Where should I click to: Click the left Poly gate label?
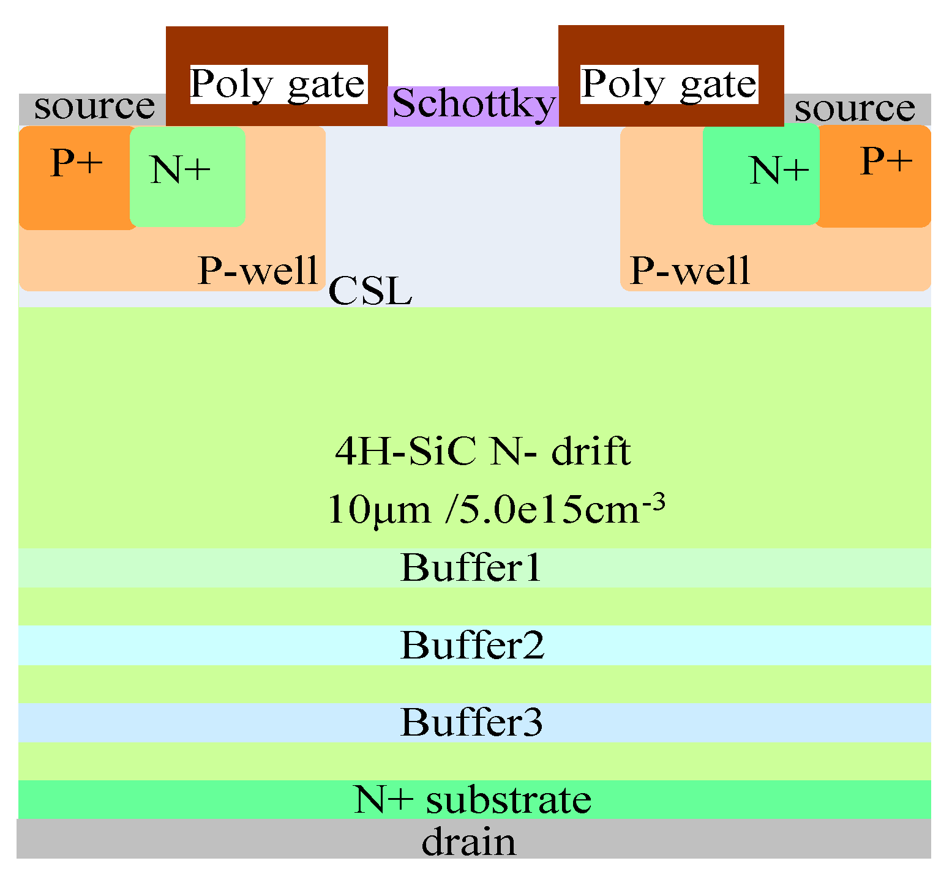coord(278,84)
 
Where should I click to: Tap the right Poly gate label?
coord(669,84)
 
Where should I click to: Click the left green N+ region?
coord(187,176)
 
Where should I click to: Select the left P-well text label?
coord(258,270)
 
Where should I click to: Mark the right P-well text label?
coord(690,270)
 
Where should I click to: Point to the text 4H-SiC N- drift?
coord(482,452)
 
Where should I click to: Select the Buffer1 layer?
coord(471,568)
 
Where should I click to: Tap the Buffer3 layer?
coord(471,722)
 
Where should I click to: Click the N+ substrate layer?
coord(473,799)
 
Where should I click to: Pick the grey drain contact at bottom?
coord(469,842)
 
